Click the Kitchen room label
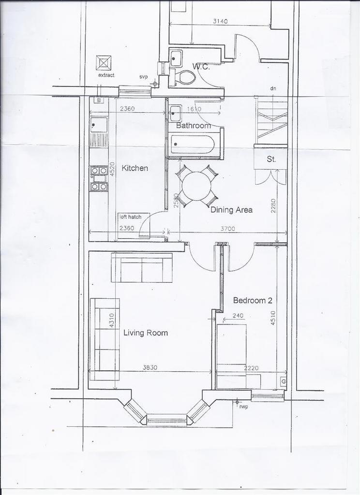135,168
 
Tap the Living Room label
145,333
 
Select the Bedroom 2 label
253,300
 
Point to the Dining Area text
231,210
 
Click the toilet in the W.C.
184,77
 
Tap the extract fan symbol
104,63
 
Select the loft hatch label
131,217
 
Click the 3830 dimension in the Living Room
150,367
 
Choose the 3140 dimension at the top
220,21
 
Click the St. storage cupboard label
271,159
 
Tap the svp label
143,77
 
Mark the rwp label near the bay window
243,407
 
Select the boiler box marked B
99,101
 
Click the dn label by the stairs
273,88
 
